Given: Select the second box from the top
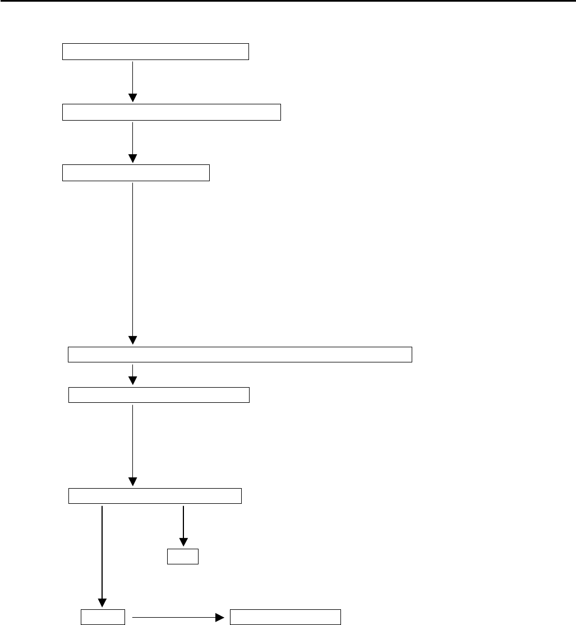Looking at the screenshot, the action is [x=171, y=112].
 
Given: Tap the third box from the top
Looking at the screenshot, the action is [x=136, y=173].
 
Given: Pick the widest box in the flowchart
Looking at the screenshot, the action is [x=240, y=355].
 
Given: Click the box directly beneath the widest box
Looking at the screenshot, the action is [x=159, y=395].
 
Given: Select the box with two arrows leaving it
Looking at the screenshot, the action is [x=155, y=497].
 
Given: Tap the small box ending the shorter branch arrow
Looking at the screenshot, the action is [x=183, y=556].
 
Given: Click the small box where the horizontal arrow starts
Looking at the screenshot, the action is [x=102, y=617].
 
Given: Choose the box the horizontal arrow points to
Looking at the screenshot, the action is [x=285, y=617].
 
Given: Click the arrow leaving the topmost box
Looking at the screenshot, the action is [x=133, y=79].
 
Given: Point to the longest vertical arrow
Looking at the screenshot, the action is [x=133, y=258].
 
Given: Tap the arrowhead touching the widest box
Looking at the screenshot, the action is [x=133, y=340].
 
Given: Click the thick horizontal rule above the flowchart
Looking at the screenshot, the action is [x=288, y=1].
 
